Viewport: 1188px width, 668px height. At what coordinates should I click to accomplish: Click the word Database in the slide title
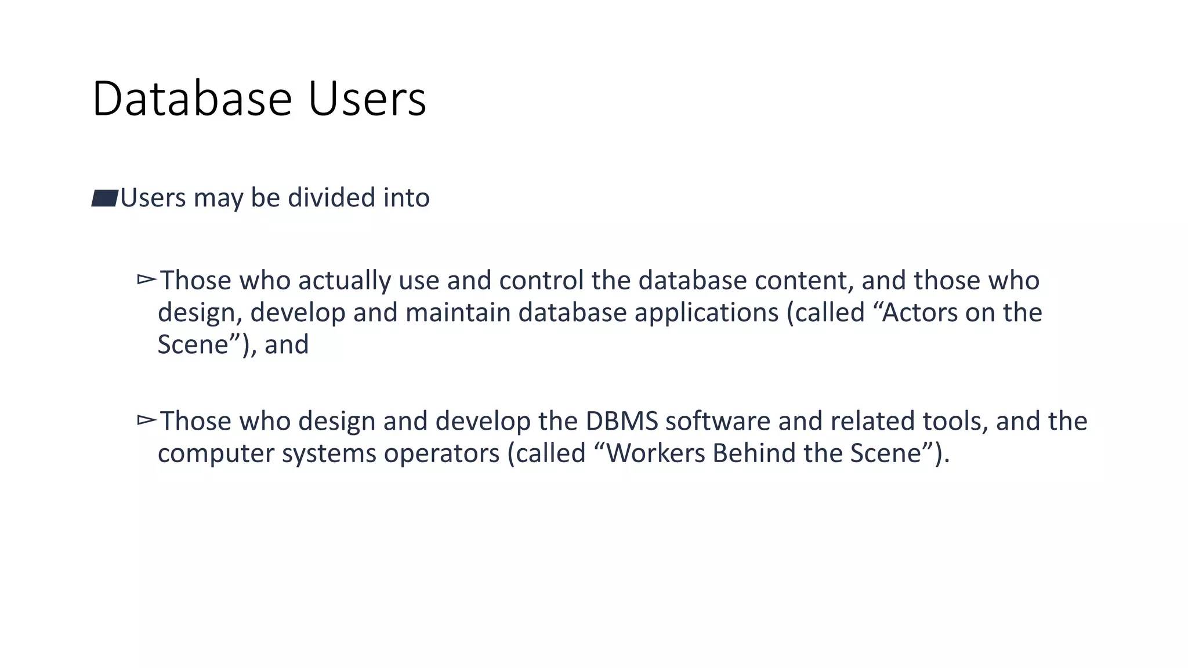point(191,99)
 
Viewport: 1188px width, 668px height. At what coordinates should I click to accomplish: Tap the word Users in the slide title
point(367,99)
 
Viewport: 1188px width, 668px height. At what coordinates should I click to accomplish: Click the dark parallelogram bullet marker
point(105,198)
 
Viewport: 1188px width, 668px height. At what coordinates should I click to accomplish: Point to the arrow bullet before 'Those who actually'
point(147,280)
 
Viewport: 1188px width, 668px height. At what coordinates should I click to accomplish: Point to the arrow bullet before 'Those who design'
point(147,420)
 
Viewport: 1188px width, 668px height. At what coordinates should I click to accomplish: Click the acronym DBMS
point(621,421)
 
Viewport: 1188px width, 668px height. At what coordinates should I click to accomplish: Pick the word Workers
point(655,453)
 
